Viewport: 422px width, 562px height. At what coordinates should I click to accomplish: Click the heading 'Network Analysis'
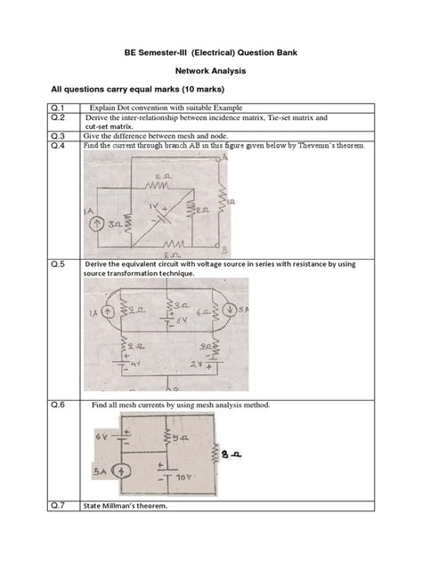tap(210, 70)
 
